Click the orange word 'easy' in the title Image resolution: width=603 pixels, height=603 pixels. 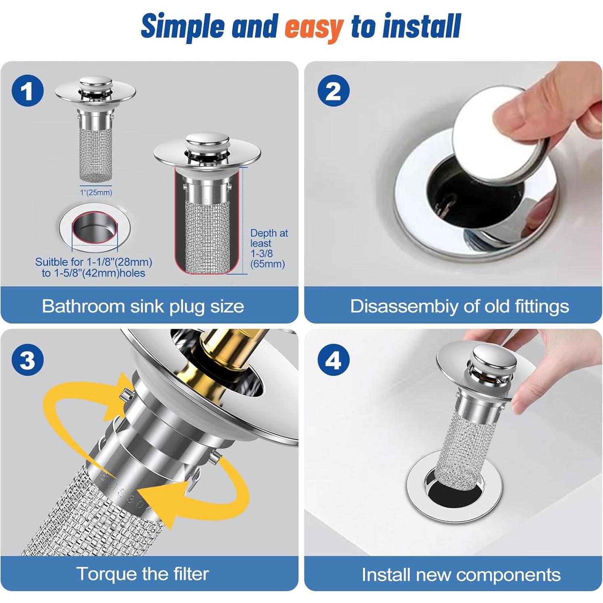(314, 27)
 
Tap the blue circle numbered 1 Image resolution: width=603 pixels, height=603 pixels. (27, 91)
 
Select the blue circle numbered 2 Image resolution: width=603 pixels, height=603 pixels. (333, 91)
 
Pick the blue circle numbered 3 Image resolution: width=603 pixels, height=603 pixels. (27, 359)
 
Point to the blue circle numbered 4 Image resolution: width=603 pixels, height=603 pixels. (333, 359)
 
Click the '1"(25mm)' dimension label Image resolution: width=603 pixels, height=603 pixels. (96, 192)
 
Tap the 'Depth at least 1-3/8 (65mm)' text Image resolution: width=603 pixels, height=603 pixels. (268, 248)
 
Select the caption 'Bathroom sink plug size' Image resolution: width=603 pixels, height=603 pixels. (143, 306)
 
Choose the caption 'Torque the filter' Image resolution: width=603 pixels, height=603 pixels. (143, 574)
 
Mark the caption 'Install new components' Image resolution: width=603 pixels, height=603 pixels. (461, 574)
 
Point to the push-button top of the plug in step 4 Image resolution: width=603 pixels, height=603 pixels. (495, 357)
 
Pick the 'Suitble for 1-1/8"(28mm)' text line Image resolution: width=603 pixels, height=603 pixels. (94, 262)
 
